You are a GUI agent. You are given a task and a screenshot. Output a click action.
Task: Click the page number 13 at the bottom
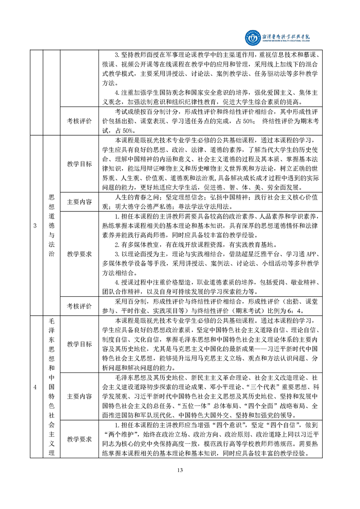pyautogui.click(x=180, y=482)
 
